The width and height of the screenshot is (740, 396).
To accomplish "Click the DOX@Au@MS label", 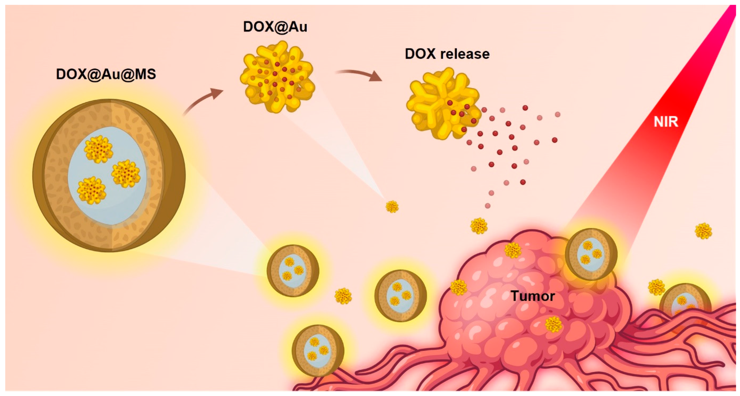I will point(106,74).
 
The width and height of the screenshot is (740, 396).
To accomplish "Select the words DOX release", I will point(447,54).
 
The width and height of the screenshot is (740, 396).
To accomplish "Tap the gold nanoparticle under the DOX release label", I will point(442,104).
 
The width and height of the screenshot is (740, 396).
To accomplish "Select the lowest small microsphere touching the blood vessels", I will point(318,350).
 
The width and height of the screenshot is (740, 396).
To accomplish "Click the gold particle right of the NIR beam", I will point(703,231).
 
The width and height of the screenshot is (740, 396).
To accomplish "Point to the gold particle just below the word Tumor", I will point(553,324).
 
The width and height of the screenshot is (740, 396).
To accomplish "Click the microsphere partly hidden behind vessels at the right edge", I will point(685,305).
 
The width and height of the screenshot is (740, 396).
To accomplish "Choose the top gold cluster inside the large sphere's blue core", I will point(99,149).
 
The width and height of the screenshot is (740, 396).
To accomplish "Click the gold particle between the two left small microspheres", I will point(343,296).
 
